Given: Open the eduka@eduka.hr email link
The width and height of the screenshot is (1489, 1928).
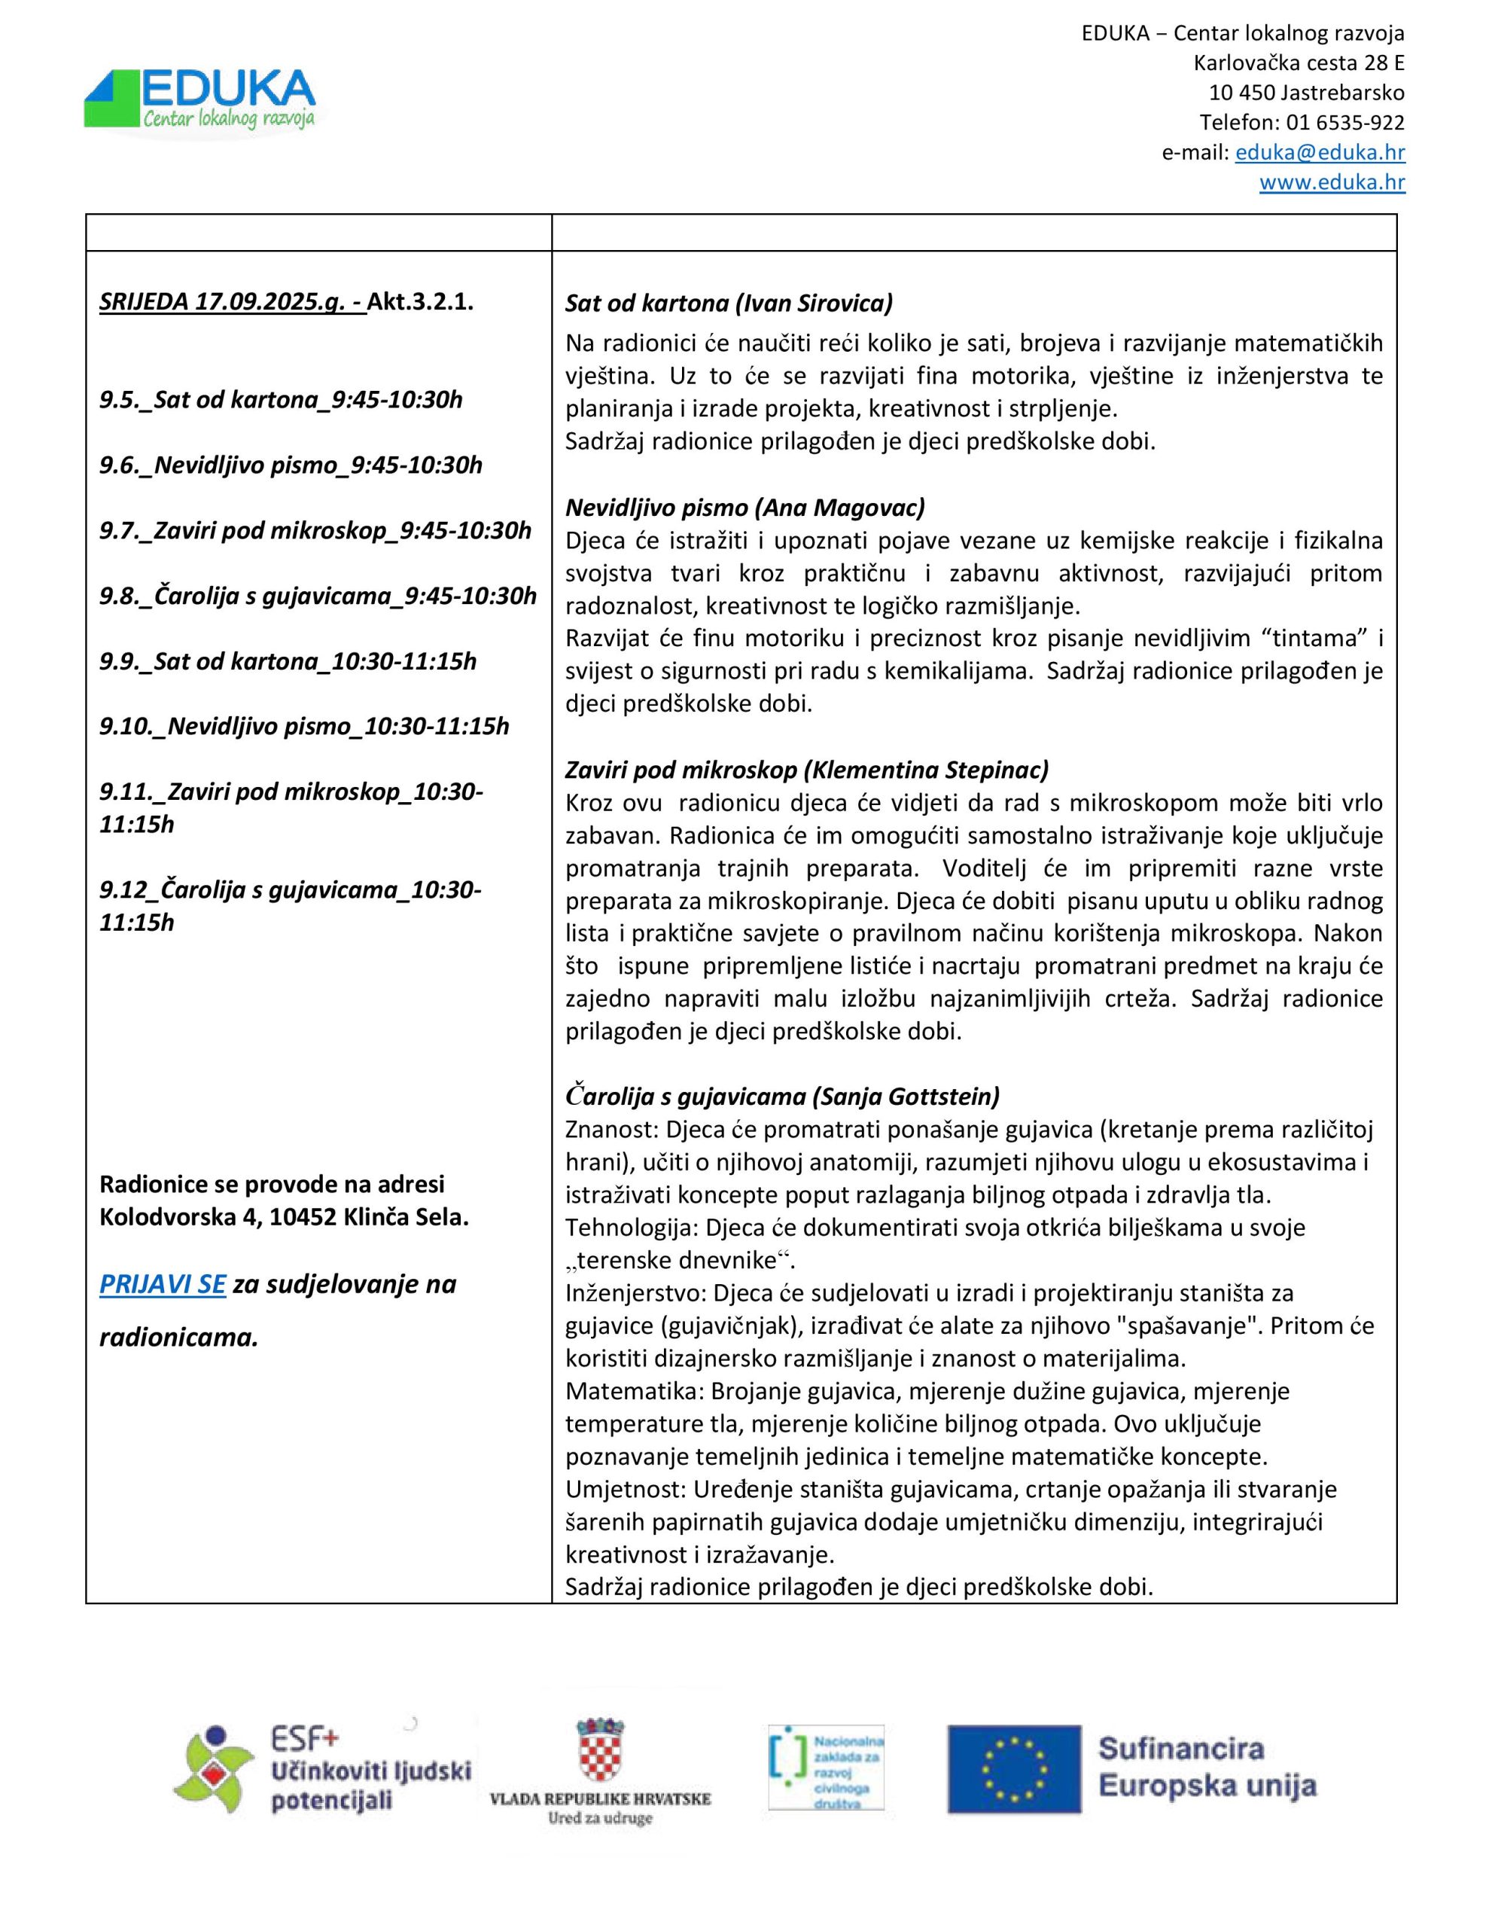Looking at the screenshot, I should point(1320,152).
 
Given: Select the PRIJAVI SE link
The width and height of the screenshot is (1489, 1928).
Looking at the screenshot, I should point(163,1283).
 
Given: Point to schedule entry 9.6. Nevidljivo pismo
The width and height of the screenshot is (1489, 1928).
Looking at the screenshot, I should point(291,465).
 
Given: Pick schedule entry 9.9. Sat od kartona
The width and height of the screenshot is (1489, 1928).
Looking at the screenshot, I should point(288,660).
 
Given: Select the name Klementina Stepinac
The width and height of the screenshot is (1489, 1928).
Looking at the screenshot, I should point(926,769).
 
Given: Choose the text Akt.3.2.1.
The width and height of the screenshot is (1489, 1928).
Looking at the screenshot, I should point(420,301).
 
